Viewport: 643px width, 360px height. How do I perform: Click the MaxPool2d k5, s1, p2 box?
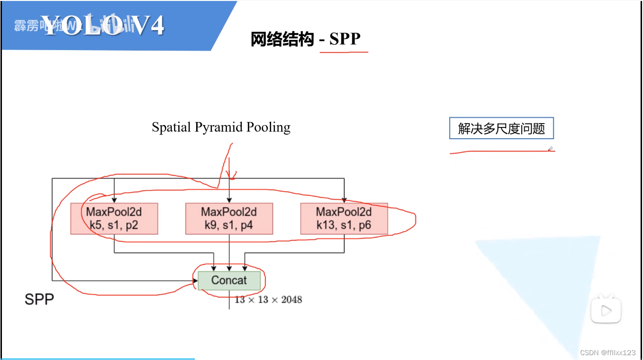(x=114, y=218)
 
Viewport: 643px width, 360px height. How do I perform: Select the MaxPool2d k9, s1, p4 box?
(x=229, y=218)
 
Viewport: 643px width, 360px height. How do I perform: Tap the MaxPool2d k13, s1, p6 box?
(x=344, y=218)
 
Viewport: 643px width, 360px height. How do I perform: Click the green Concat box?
(x=229, y=280)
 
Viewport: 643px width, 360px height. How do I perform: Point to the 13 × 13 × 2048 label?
(x=268, y=300)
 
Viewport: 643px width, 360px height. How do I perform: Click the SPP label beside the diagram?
(x=39, y=299)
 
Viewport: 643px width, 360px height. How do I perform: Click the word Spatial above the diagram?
(x=172, y=127)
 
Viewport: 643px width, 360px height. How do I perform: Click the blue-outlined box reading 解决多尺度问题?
(x=501, y=129)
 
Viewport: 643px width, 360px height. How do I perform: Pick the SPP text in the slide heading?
(x=345, y=39)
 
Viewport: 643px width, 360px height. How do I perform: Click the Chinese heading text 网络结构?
(x=282, y=39)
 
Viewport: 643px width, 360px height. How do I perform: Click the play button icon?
(x=606, y=310)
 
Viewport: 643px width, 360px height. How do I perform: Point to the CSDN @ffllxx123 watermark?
(x=608, y=352)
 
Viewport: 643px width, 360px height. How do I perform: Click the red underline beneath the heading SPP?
(x=344, y=52)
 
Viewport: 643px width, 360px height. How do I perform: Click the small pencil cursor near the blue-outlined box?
(x=551, y=149)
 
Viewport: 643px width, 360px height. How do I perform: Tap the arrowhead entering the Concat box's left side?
(x=195, y=281)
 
